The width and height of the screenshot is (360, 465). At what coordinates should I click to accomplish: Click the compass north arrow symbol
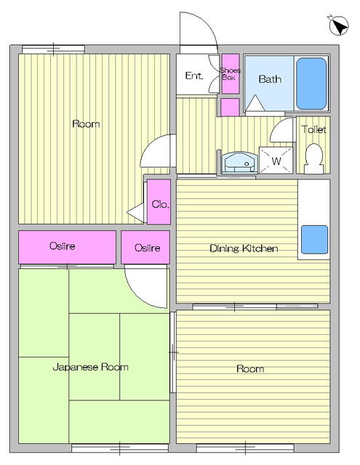coord(338,25)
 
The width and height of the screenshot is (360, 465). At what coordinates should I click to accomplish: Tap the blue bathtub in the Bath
coord(312,83)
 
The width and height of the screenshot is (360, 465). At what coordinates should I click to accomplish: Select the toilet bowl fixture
coord(313,158)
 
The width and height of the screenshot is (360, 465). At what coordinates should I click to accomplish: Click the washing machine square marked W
coord(276,161)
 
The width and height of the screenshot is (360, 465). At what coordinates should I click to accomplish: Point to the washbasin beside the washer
coord(239,162)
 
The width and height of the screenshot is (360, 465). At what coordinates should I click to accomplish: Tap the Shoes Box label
coord(231,73)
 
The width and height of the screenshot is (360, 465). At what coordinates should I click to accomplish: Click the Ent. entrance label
coord(193,76)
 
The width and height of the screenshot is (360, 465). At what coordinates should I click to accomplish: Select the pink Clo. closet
coord(160,204)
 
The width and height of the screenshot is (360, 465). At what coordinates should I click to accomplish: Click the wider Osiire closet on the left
coord(67,247)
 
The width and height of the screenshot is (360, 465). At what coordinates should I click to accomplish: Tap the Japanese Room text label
coord(90,367)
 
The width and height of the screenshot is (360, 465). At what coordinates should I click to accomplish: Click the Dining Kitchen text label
coord(244,248)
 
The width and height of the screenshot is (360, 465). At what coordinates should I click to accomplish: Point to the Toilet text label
coord(314,130)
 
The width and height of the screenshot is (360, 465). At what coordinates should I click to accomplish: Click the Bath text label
coord(270,79)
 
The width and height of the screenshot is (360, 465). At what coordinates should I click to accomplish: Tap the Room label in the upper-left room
coord(86,124)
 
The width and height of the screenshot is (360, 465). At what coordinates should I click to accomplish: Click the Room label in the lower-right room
coord(250,369)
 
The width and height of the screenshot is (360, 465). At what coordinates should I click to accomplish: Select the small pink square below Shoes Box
coord(230,107)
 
